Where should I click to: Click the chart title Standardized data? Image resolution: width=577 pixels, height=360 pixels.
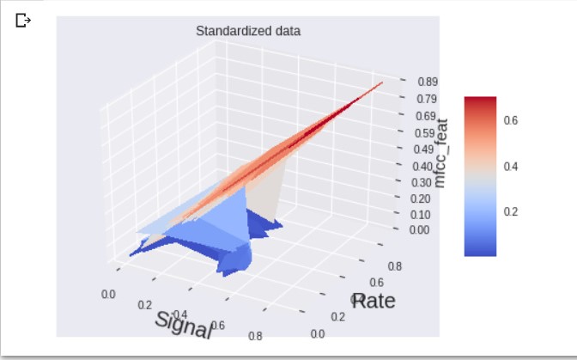[x=248, y=32]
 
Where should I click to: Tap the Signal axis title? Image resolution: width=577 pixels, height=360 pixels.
[x=184, y=322]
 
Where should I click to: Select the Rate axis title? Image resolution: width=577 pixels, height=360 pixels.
[x=373, y=301]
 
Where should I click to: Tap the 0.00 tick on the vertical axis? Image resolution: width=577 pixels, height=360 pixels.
[x=419, y=230]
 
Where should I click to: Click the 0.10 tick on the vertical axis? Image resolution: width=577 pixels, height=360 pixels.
[x=420, y=214]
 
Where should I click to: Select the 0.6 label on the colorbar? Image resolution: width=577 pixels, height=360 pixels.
[x=510, y=120]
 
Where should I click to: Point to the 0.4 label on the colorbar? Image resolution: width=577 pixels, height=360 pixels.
[x=510, y=166]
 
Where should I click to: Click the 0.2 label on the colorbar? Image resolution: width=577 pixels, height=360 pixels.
[x=510, y=211]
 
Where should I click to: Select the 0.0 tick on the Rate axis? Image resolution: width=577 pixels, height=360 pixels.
[x=318, y=333]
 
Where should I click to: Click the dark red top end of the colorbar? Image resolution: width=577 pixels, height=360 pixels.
[x=479, y=101]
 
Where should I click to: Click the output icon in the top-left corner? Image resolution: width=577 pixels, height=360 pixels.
[x=22, y=19]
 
